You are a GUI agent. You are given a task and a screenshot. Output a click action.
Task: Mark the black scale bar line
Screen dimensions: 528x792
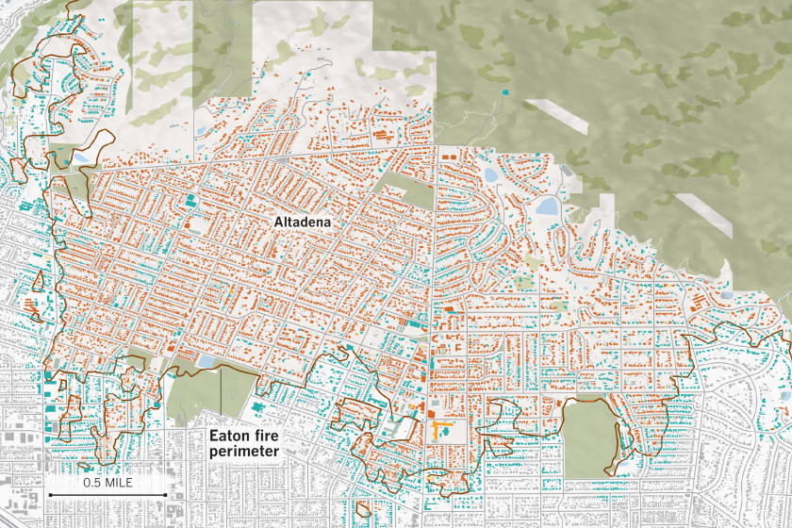click(107, 493)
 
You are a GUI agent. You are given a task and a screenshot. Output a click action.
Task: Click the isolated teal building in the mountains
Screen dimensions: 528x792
click(506, 92)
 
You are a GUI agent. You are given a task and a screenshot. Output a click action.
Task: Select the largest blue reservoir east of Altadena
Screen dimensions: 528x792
click(547, 206)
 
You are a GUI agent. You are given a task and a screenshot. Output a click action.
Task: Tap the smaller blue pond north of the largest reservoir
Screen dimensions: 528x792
click(491, 175)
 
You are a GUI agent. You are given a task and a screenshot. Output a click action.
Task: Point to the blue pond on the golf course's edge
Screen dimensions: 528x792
click(206, 361)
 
